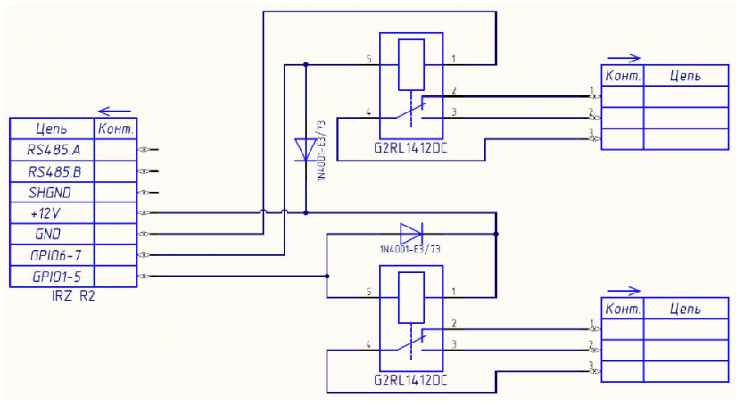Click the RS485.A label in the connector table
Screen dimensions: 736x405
click(54, 150)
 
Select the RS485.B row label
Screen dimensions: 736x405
click(54, 172)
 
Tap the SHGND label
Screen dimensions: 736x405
click(50, 193)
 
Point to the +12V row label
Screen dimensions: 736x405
click(45, 213)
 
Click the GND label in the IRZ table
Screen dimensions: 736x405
click(48, 235)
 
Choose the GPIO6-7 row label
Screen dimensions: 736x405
click(55, 255)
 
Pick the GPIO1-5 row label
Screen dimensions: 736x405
click(56, 277)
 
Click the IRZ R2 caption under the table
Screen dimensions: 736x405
click(73, 296)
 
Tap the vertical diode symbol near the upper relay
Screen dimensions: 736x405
click(305, 150)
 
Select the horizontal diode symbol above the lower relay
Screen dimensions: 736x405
click(411, 233)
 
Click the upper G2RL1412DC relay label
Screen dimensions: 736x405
click(410, 148)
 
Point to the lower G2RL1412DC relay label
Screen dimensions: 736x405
click(410, 380)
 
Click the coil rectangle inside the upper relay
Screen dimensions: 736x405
click(411, 64)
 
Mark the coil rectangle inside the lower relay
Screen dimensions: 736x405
click(411, 297)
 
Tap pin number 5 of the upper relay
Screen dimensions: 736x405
click(369, 59)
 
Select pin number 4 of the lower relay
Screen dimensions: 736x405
click(368, 344)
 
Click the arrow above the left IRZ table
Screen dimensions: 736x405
click(114, 112)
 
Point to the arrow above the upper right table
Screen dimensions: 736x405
click(624, 58)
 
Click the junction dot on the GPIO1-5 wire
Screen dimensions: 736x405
click(327, 277)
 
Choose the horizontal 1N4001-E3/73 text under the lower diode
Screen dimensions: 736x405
click(410, 250)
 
